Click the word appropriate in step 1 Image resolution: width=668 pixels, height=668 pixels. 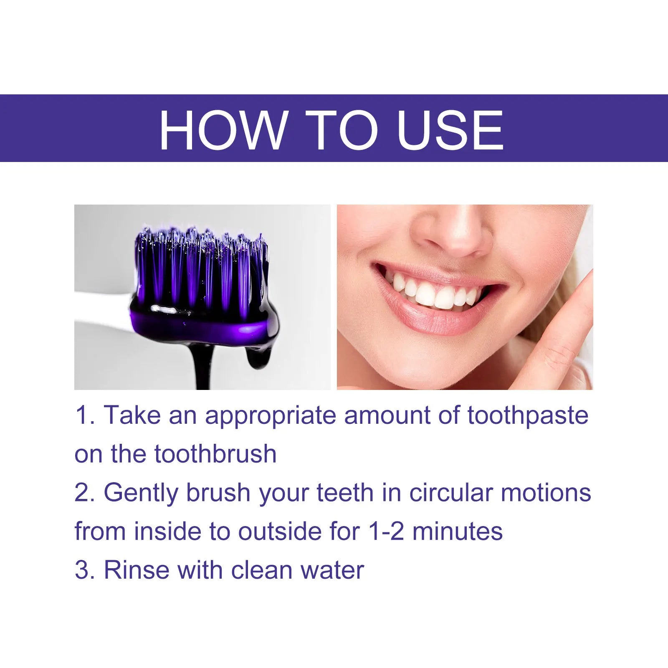point(270,416)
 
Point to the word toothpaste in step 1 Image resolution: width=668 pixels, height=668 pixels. point(528,416)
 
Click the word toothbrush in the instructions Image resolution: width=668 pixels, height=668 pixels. point(215,454)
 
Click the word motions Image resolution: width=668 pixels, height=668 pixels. point(546,493)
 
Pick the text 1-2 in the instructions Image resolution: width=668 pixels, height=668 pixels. point(386,531)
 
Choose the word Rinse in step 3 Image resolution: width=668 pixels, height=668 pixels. point(137,570)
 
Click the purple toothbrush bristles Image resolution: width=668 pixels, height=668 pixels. point(200,267)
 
